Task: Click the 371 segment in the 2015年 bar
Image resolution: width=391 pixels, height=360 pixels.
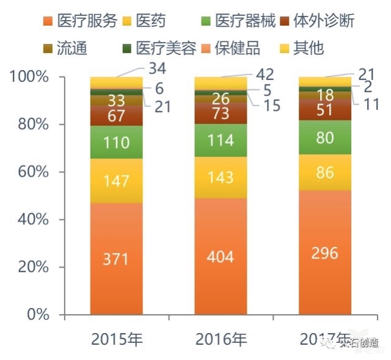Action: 116,259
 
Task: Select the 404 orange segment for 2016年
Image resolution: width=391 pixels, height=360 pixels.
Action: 221,256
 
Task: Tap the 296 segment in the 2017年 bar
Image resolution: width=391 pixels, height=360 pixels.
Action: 324,253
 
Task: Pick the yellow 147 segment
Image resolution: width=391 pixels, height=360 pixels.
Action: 116,181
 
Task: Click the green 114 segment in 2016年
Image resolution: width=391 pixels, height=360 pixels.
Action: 221,141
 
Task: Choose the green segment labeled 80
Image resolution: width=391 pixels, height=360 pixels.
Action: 324,138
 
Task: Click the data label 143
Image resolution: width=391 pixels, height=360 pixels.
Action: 221,178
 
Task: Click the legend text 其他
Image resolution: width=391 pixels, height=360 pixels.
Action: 308,48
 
